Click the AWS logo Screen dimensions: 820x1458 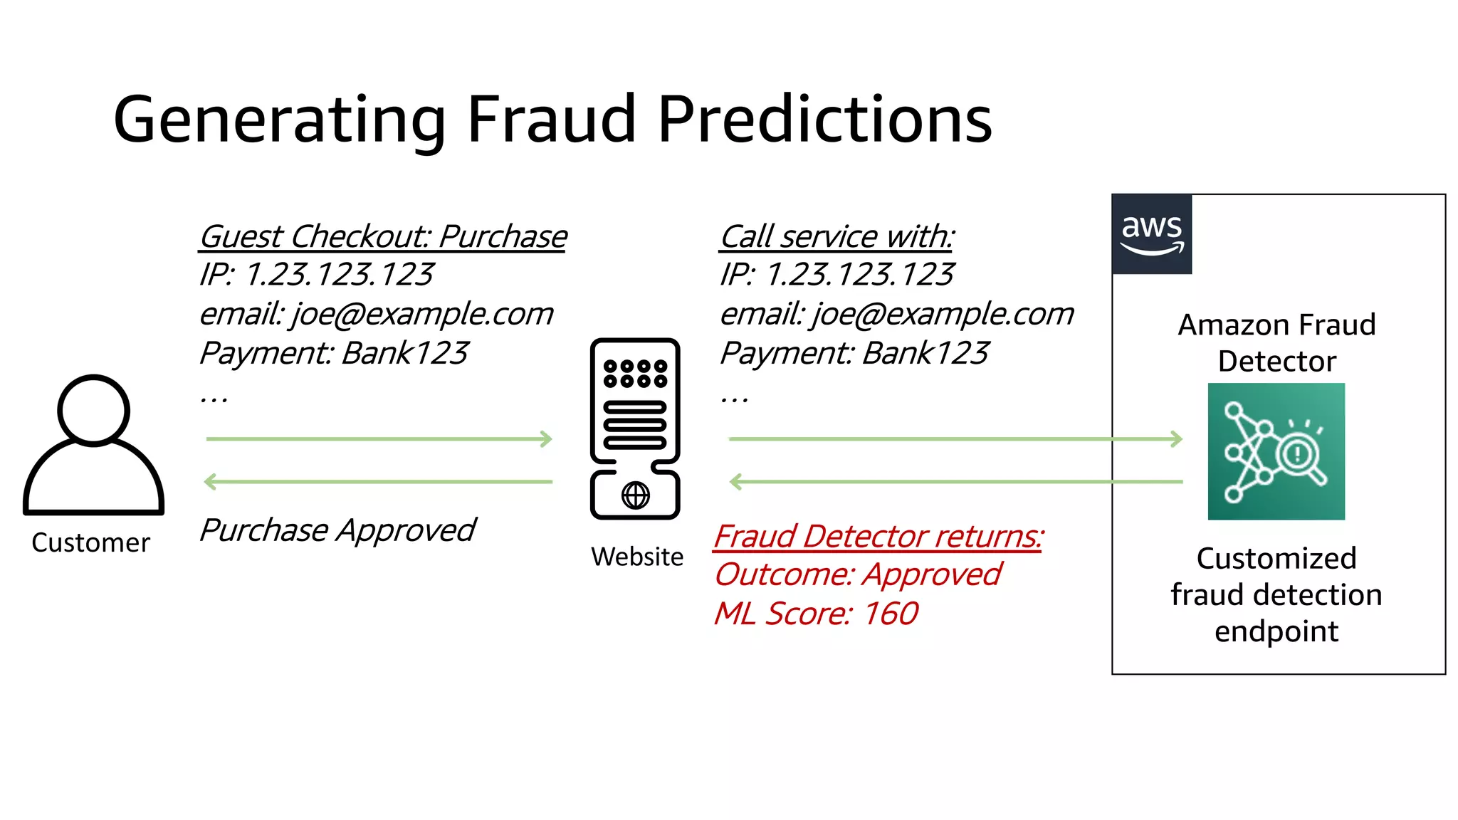(1151, 234)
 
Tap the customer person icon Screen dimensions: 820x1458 (94, 445)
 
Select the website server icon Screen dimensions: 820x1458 (635, 428)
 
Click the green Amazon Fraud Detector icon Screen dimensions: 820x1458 (1276, 451)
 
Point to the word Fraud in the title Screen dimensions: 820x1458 (551, 119)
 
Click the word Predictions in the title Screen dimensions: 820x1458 (824, 119)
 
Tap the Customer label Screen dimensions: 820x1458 (91, 543)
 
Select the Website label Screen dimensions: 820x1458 (637, 557)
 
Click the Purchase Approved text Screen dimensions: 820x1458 (337, 530)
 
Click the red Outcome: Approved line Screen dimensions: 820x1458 (858, 575)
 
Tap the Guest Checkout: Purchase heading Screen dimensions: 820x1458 (383, 237)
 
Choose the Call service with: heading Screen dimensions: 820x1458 (837, 237)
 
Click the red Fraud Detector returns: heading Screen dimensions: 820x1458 (879, 537)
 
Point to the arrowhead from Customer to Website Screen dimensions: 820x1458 (547, 439)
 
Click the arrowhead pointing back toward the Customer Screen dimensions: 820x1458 (210, 482)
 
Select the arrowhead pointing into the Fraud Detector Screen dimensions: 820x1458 (1177, 439)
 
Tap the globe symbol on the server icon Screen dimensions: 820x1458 (636, 495)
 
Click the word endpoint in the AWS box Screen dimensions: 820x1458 (1276, 631)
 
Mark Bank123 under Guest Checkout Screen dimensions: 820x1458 (405, 354)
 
